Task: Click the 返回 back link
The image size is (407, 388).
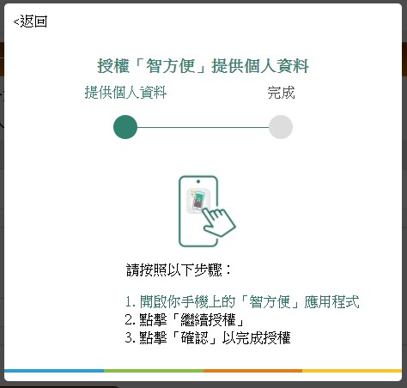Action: (30, 21)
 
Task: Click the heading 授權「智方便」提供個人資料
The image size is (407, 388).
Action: (203, 66)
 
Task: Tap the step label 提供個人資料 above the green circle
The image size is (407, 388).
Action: (125, 93)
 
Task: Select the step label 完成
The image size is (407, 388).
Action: (281, 93)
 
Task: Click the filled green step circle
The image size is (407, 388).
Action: (125, 127)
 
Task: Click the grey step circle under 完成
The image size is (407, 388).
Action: (281, 127)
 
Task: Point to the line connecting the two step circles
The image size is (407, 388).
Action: (203, 127)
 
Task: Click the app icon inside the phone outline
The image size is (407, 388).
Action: (198, 201)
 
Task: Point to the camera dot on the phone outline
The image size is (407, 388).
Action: (198, 181)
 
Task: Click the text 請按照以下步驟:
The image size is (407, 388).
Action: (179, 270)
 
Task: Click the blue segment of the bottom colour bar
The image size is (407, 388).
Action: (54, 371)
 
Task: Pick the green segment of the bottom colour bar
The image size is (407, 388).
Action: (154, 371)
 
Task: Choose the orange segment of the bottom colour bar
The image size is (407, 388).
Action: (252, 371)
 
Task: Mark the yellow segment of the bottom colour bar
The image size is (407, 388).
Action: (352, 371)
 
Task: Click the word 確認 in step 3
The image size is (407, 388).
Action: (194, 337)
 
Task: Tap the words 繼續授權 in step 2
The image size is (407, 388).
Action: (208, 320)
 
